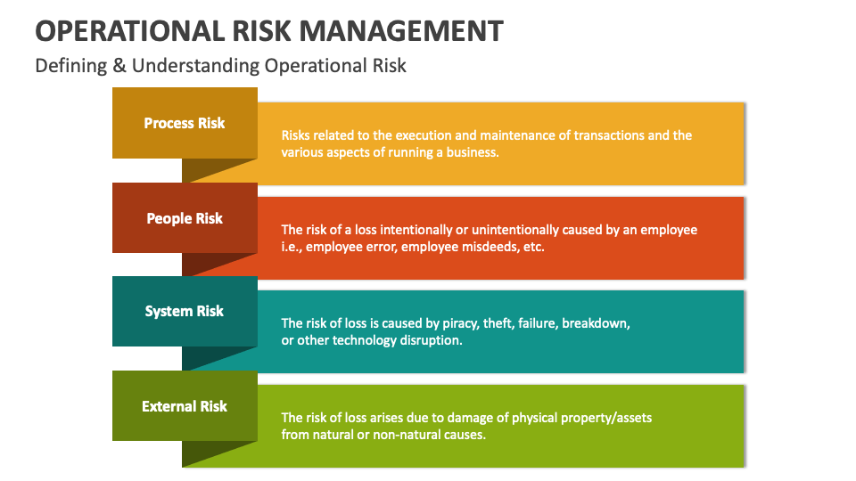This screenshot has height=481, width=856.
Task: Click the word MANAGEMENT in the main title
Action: [401, 31]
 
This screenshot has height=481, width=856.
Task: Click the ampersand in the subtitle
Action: [119, 65]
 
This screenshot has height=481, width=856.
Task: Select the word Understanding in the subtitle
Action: [195, 66]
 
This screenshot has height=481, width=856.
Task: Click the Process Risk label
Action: [185, 123]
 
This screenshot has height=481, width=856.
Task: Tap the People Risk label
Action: [185, 219]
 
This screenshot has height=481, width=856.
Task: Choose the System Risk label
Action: [185, 312]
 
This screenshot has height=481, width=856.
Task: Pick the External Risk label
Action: [185, 406]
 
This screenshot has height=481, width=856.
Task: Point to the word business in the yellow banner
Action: [473, 152]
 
